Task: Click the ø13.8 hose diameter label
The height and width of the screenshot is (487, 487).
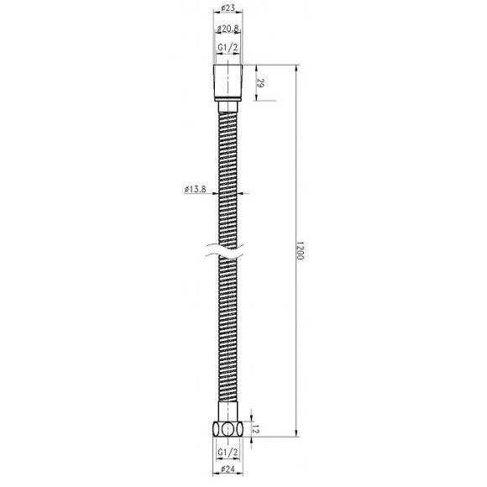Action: tap(195, 190)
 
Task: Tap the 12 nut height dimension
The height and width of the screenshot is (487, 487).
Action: tap(261, 429)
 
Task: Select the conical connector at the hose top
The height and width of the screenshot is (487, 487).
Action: tap(228, 81)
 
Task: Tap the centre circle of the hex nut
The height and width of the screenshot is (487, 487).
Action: tap(228, 428)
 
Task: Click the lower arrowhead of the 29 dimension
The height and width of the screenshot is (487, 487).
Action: tap(254, 98)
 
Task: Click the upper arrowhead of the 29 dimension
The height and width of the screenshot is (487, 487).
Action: tap(254, 67)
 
